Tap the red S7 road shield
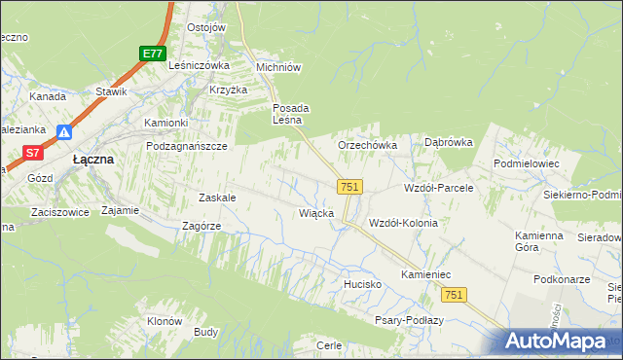(33, 152)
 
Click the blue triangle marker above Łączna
(64, 132)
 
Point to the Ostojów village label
(205, 27)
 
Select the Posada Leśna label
(290, 114)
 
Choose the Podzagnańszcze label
(186, 146)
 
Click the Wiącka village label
(317, 212)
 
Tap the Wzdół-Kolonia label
(403, 223)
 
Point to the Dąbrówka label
(449, 142)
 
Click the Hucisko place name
(360, 284)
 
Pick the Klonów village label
(165, 321)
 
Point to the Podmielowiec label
(527, 164)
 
